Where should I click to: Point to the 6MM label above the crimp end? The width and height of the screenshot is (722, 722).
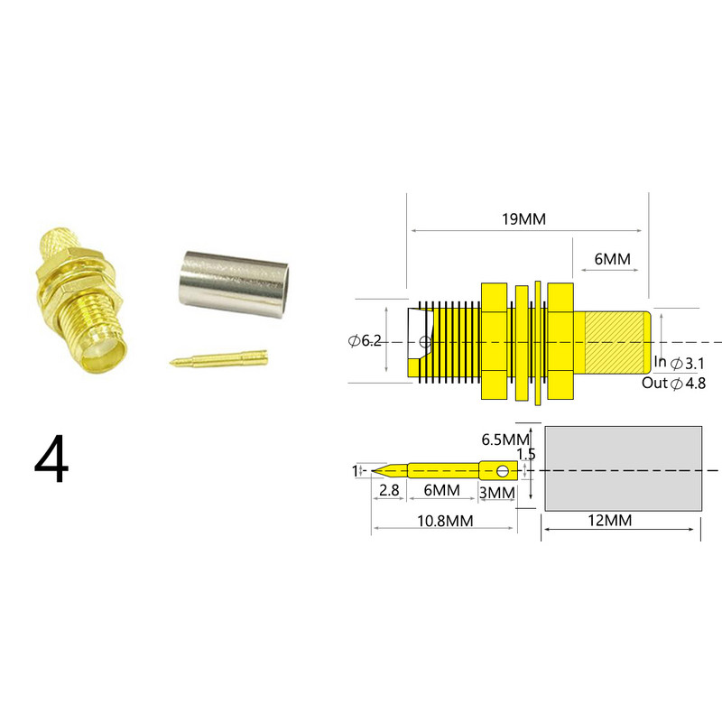coord(611,259)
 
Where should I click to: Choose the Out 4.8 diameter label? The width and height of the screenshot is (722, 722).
coord(673,383)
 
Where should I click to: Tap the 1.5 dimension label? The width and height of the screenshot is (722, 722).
coord(525,454)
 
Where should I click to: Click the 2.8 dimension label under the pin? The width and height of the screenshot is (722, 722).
coord(389,490)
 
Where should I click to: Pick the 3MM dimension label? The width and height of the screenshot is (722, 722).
coord(496,492)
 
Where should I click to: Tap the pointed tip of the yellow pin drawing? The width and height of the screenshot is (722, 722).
coord(377,469)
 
